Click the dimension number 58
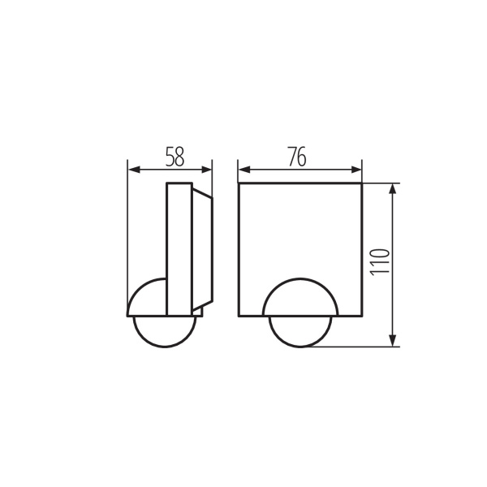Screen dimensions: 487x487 (175, 157)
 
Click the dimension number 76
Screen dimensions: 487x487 (297, 157)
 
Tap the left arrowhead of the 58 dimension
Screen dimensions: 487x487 (133, 170)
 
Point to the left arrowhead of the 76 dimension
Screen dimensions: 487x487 (243, 170)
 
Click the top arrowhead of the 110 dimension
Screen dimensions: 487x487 (393, 189)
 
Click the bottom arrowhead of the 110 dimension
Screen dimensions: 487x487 (393, 342)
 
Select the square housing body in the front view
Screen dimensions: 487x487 (300, 235)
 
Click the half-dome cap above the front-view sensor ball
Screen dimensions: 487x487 (300, 297)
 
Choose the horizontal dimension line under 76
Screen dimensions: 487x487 (300, 170)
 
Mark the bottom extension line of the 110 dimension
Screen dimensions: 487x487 (357, 347)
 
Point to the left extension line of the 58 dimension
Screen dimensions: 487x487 (128, 235)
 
